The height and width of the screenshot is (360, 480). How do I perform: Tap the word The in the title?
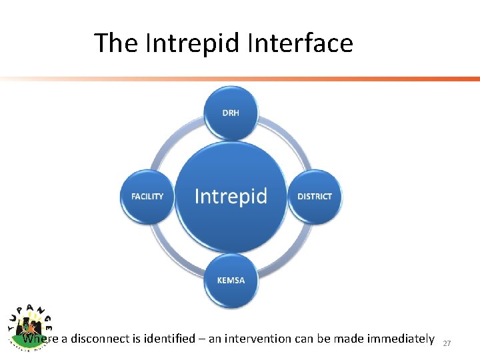pyautogui.click(x=116, y=43)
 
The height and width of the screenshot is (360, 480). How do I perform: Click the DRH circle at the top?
pyautogui.click(x=231, y=113)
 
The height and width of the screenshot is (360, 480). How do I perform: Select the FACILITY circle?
pyautogui.click(x=147, y=196)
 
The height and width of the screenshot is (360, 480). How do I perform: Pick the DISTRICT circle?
pyautogui.click(x=314, y=196)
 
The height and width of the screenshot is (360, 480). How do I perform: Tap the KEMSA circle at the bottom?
pyautogui.click(x=231, y=280)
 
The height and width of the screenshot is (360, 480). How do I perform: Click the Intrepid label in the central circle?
pyautogui.click(x=231, y=196)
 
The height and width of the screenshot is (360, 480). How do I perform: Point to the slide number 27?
pyautogui.click(x=447, y=343)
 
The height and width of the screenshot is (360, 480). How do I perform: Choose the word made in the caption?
pyautogui.click(x=345, y=339)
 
